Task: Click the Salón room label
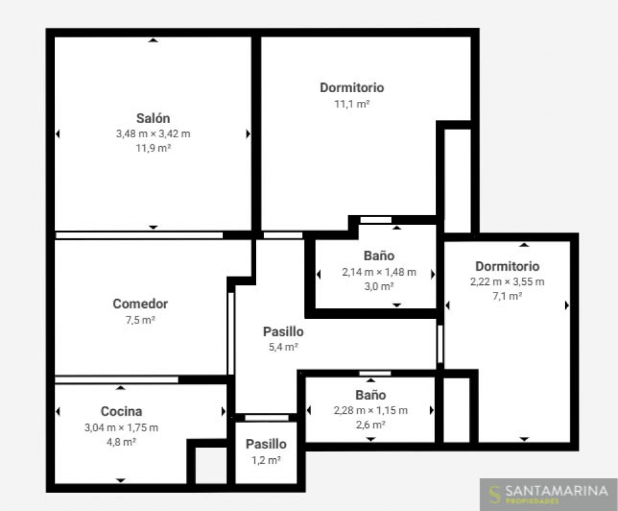(153, 118)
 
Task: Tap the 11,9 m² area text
(153, 148)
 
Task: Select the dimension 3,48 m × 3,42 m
(153, 134)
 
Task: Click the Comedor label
(140, 304)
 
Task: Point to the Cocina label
(122, 411)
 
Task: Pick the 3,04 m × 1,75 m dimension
(122, 427)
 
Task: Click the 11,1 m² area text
(351, 104)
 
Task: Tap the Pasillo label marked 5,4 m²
(283, 331)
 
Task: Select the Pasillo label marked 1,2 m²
(266, 444)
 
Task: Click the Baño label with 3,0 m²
(379, 256)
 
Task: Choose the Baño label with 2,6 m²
(371, 394)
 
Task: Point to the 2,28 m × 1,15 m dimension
(371, 410)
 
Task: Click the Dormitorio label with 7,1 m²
(507, 266)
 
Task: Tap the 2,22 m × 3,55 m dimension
(507, 282)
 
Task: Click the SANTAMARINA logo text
(556, 491)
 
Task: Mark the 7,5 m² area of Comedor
(140, 320)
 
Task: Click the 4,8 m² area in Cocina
(122, 442)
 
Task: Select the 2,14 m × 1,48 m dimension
(379, 272)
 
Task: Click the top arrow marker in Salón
(153, 40)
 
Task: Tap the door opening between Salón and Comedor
(139, 235)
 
